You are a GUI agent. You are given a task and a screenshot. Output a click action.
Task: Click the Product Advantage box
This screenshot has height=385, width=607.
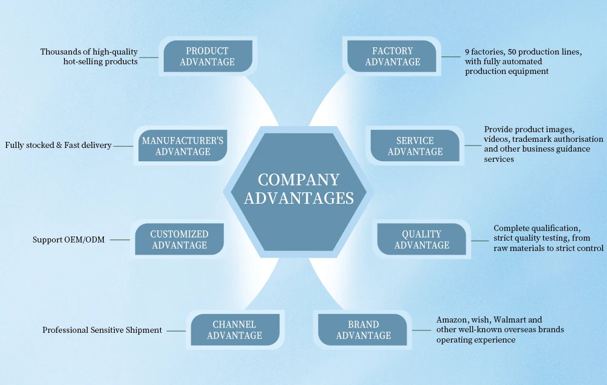[x=207, y=56]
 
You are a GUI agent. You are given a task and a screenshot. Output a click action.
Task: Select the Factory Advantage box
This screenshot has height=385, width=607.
[x=393, y=56]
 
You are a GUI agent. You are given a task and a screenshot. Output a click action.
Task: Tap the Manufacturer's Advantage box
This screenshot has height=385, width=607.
[x=183, y=146]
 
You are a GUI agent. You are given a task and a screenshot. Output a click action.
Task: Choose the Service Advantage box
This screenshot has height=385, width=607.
[x=415, y=146]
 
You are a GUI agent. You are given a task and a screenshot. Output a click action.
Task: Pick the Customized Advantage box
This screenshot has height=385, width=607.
[x=179, y=239]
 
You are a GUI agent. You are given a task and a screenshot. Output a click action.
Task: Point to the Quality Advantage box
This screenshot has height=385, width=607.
[x=422, y=239]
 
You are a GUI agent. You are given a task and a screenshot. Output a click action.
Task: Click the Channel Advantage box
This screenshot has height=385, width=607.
[x=234, y=330]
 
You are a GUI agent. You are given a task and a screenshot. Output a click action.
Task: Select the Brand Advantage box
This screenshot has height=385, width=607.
[x=364, y=330]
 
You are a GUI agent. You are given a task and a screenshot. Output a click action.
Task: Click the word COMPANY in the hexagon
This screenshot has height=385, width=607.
[x=299, y=180]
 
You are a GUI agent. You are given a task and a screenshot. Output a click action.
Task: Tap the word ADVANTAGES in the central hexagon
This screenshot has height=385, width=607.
[x=299, y=198]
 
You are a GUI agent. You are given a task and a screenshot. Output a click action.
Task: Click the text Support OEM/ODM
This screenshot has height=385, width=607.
[x=69, y=240]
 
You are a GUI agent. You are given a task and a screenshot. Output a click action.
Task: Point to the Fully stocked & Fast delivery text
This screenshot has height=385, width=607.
[x=58, y=146]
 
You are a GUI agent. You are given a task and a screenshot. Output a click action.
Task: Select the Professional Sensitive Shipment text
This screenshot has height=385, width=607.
[x=102, y=330]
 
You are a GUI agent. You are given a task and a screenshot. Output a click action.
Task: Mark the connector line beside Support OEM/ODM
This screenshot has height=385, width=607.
[x=120, y=239]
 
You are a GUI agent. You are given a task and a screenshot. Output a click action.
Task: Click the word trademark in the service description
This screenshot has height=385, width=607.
[x=534, y=139]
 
